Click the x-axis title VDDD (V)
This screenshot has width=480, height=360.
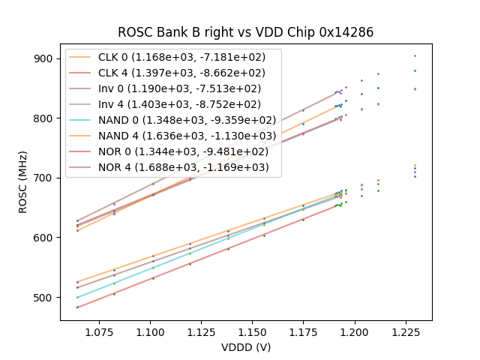click(246, 347)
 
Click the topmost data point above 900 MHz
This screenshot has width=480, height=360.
click(415, 55)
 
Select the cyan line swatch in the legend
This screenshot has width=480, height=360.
click(80, 120)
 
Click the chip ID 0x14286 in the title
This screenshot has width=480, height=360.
click(341, 32)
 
